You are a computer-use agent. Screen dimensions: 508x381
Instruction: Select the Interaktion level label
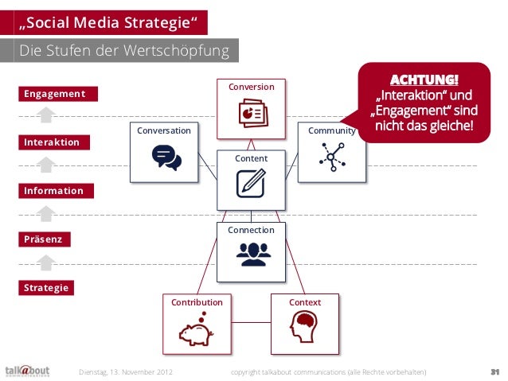[x=52, y=142]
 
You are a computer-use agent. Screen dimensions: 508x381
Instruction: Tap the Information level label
[x=53, y=191]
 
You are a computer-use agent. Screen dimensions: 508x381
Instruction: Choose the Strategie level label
[x=46, y=287]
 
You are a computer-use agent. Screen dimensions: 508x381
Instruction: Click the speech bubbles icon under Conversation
[x=166, y=157]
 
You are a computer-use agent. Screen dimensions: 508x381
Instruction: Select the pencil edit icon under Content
[x=251, y=185]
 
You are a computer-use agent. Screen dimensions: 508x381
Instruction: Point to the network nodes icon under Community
[x=330, y=157]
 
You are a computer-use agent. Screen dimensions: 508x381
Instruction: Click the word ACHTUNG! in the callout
[x=424, y=81]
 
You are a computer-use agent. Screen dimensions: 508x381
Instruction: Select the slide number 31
[x=494, y=371]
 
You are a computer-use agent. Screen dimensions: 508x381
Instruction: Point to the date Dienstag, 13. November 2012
[x=127, y=371]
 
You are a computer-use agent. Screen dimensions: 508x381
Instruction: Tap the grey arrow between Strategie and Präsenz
[x=47, y=262]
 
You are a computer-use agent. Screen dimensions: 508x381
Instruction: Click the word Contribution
[x=197, y=302]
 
